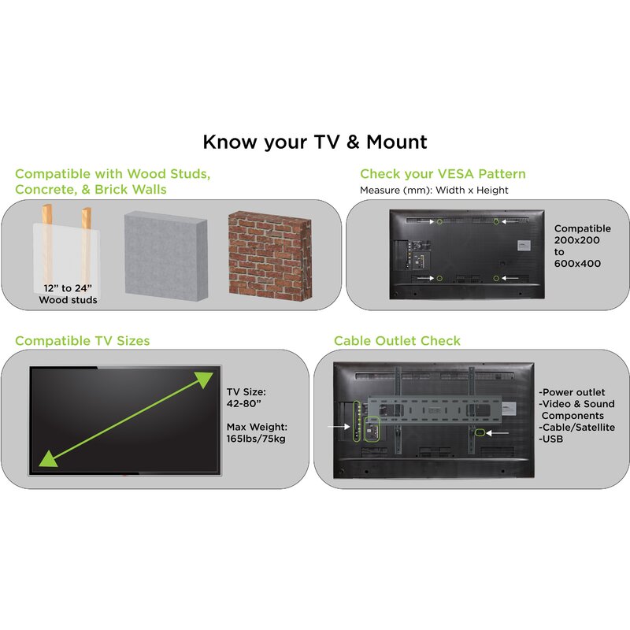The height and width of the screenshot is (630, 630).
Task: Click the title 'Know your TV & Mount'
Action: pyautogui.click(x=314, y=143)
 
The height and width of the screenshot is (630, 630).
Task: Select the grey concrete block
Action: pyautogui.click(x=166, y=257)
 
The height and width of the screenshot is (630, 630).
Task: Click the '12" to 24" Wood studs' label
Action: pyautogui.click(x=68, y=294)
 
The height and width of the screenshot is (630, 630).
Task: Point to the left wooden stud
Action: pyautogui.click(x=47, y=245)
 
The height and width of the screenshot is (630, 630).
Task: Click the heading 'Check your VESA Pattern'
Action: pyautogui.click(x=443, y=174)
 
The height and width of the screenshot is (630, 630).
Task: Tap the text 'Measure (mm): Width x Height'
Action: pyautogui.click(x=434, y=190)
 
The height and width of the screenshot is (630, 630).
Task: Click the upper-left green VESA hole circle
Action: pyautogui.click(x=439, y=221)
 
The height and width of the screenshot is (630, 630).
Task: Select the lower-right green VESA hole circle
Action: pyautogui.click(x=496, y=278)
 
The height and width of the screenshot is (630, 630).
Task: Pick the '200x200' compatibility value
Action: pyautogui.click(x=576, y=240)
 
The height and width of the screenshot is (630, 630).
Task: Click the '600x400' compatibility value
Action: pyautogui.click(x=577, y=264)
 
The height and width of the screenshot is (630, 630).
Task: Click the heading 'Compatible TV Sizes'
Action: pyautogui.click(x=83, y=341)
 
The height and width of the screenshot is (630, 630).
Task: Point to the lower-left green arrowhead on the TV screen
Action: pyautogui.click(x=48, y=459)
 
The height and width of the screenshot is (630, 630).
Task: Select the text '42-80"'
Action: pyautogui.click(x=243, y=403)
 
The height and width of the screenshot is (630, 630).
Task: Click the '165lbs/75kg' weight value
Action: pyautogui.click(x=256, y=439)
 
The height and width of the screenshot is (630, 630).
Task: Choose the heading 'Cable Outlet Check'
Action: pyautogui.click(x=397, y=341)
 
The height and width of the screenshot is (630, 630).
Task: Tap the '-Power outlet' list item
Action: pyautogui.click(x=572, y=392)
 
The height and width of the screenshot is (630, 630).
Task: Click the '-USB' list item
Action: pyautogui.click(x=550, y=439)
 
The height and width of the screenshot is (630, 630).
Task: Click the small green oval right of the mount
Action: pyautogui.click(x=480, y=432)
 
